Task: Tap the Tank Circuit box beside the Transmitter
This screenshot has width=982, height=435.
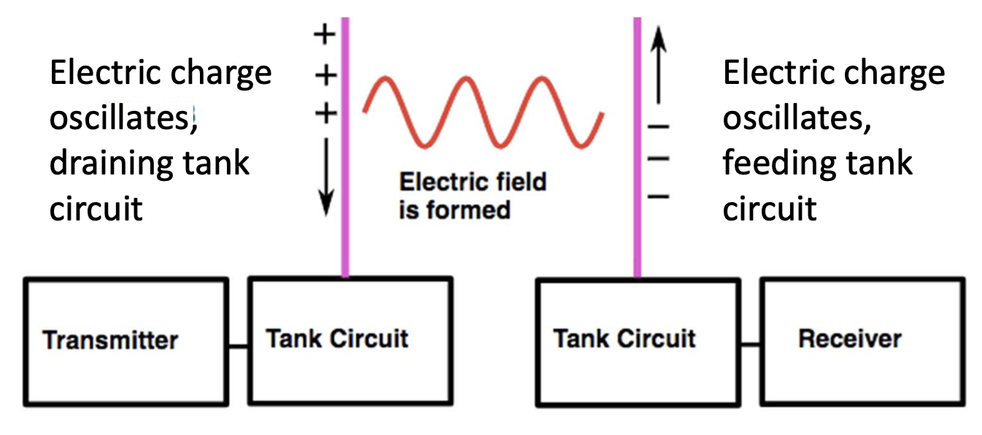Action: [x=350, y=339]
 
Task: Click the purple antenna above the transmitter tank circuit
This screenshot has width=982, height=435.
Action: [x=345, y=146]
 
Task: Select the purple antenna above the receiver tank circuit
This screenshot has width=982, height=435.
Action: [x=638, y=146]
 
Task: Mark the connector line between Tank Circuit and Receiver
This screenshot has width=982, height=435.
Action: [x=751, y=342]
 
